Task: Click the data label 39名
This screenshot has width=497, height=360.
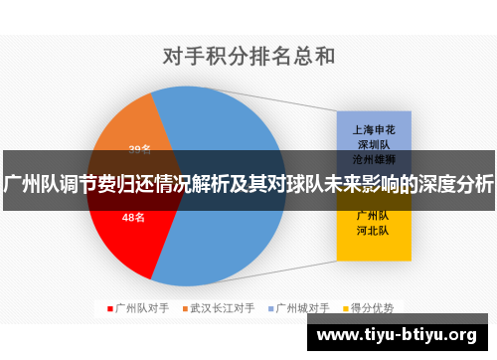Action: (140, 150)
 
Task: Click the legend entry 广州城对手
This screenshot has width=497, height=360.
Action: (302, 307)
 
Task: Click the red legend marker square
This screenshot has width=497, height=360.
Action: (109, 307)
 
